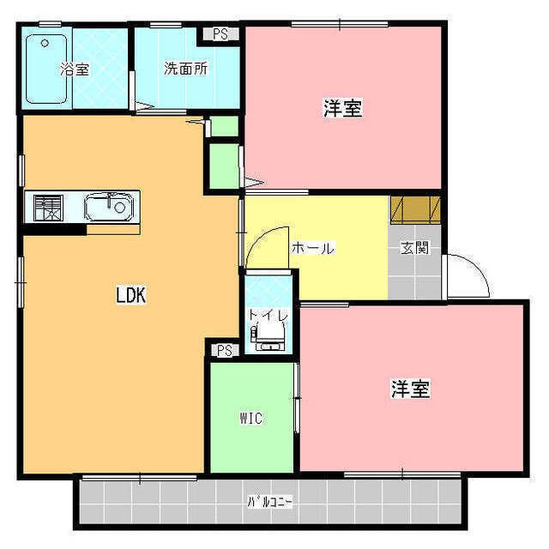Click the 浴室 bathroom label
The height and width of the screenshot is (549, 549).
pos(75,69)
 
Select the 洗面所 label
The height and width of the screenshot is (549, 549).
pos(185,69)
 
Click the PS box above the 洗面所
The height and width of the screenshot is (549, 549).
pos(220,35)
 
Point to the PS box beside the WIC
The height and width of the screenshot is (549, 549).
pos(224,350)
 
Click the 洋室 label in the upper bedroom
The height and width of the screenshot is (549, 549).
pos(342,109)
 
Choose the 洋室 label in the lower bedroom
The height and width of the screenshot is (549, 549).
pos(410,389)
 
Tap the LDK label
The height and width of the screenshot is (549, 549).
pos(132,296)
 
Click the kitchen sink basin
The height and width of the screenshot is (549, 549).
pos(108,207)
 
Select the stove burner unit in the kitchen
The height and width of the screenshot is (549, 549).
pos(48,207)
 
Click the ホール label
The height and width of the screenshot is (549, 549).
pos(312,249)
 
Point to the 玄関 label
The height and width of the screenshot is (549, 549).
pos(414,249)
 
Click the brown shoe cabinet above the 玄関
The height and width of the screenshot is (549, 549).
pos(416,210)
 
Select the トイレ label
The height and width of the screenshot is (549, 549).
pos(268,315)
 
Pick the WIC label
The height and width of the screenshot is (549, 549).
pos(250,419)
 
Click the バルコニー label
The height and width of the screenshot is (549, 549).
pos(270,502)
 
